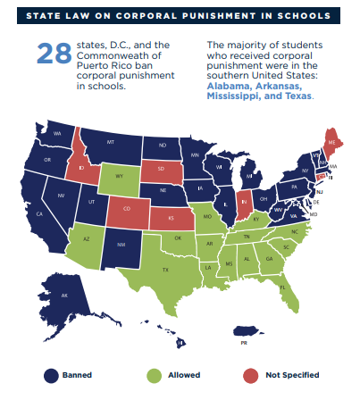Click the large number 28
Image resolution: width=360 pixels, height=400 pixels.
tap(53, 53)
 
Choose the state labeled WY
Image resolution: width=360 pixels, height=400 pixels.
tap(117, 177)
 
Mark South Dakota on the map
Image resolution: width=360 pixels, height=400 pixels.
tap(162, 171)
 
